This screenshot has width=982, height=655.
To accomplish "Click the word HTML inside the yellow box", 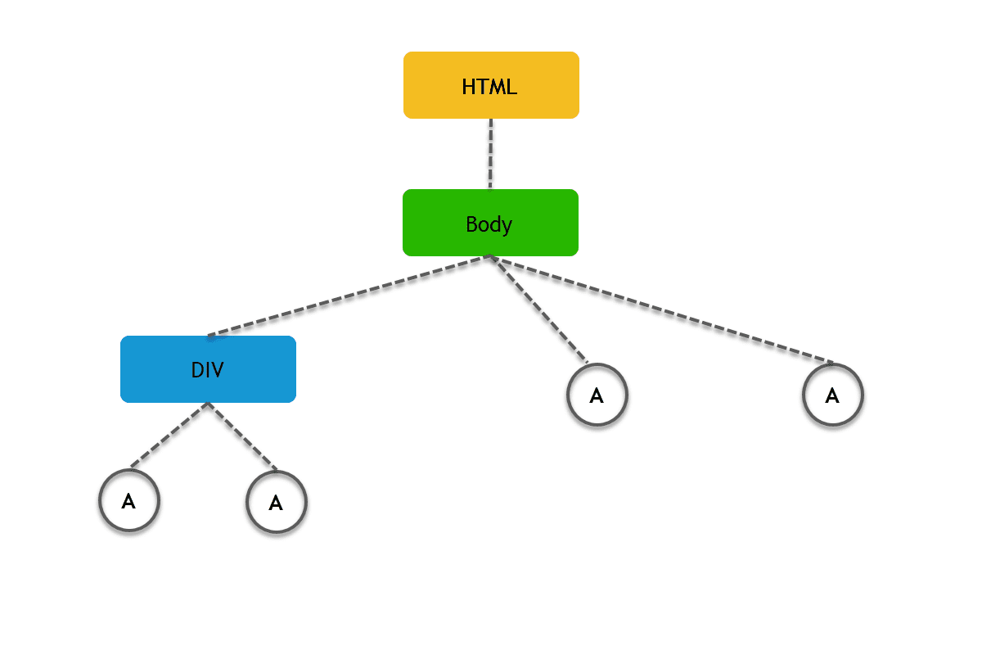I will [489, 87].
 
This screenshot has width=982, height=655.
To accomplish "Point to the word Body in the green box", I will [489, 224].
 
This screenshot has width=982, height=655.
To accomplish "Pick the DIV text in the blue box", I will [207, 370].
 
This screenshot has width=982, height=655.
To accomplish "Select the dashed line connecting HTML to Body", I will [491, 154].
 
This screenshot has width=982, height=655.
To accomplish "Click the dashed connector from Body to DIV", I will [348, 296].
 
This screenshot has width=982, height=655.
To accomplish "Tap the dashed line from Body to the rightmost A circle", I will [663, 309].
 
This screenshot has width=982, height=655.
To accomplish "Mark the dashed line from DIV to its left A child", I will [169, 436].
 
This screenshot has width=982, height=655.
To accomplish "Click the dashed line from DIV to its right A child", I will [243, 437].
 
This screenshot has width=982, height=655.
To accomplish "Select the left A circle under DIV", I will [128, 500].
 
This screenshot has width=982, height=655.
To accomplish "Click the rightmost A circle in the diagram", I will [832, 395].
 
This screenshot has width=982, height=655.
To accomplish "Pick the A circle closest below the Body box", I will [597, 395].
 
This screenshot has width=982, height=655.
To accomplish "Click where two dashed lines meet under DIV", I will [208, 404].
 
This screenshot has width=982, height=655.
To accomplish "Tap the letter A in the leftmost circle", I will [128, 501].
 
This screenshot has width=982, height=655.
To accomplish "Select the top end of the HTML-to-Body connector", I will [491, 121].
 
